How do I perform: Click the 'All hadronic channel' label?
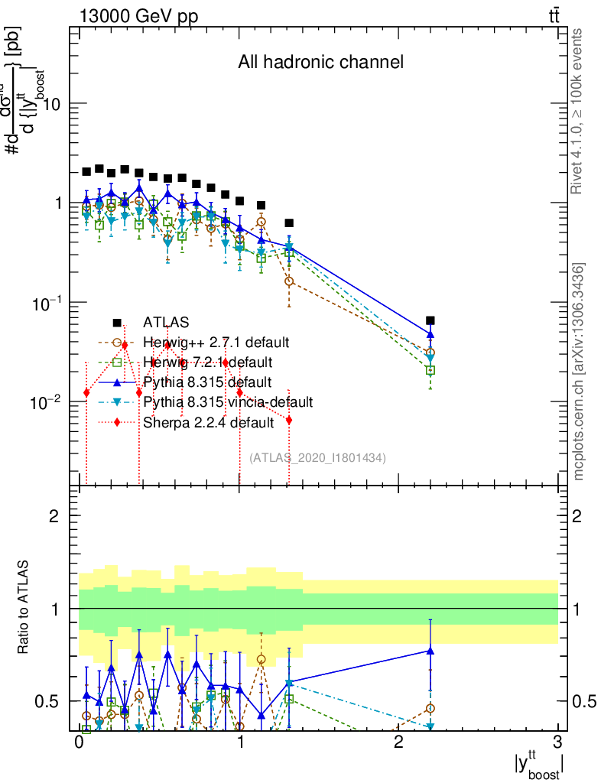click(x=320, y=62)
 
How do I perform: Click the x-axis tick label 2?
click(x=398, y=743)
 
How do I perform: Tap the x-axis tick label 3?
click(x=557, y=743)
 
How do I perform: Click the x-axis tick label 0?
click(x=78, y=743)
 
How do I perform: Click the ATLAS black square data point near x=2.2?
click(x=430, y=320)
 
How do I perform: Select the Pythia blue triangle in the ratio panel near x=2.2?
click(x=430, y=651)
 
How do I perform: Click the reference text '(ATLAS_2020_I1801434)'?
click(x=317, y=457)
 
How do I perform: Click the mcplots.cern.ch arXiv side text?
click(x=579, y=371)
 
